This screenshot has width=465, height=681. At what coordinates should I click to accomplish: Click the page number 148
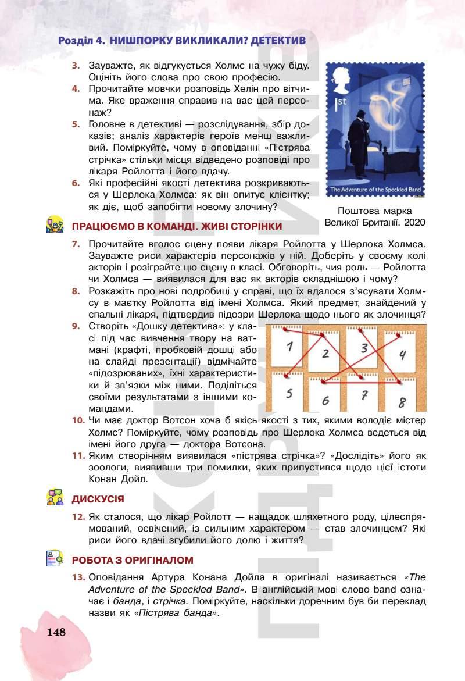point(56,632)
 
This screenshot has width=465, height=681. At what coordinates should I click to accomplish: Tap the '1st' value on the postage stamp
point(339,102)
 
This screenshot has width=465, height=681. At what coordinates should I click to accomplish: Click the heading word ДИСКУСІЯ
point(98,499)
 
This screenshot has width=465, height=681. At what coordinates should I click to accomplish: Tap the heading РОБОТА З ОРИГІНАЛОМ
point(133,560)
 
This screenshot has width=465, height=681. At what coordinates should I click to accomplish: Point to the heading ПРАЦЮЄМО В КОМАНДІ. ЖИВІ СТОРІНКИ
point(177,226)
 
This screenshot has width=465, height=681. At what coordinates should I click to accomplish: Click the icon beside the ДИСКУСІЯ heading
point(55,498)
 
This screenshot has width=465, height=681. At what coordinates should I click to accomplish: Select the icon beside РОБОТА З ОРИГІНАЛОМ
point(55,559)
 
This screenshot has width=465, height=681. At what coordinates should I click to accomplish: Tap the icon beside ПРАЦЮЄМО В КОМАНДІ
point(55,225)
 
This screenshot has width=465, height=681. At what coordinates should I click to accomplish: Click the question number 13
point(78,577)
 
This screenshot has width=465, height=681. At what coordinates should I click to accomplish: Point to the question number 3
point(76,66)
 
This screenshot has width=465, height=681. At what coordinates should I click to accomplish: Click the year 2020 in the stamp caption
point(414,222)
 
